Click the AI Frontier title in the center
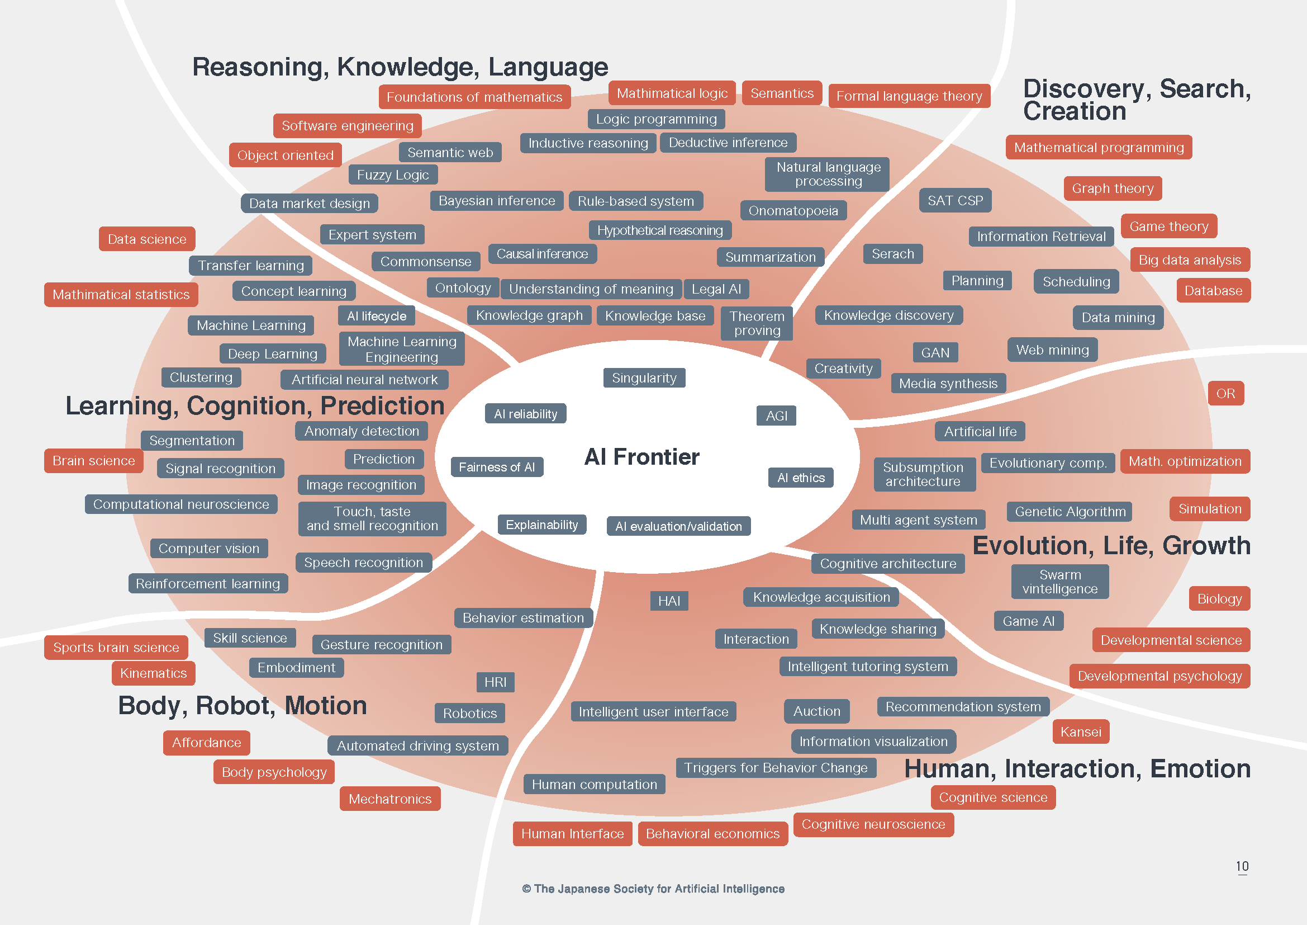(641, 457)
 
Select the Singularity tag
(644, 377)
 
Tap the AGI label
(777, 416)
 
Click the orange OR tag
(1225, 394)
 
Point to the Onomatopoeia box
(793, 211)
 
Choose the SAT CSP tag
(955, 201)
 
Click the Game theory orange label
(1168, 226)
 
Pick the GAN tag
(935, 352)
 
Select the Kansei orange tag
(1081, 732)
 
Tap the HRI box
(495, 682)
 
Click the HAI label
(669, 601)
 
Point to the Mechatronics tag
(390, 799)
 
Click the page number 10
(1242, 866)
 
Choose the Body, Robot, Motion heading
(243, 706)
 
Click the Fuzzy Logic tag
(393, 175)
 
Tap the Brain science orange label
(94, 461)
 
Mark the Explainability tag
(541, 525)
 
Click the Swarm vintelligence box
(1060, 582)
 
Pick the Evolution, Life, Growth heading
(1111, 546)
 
